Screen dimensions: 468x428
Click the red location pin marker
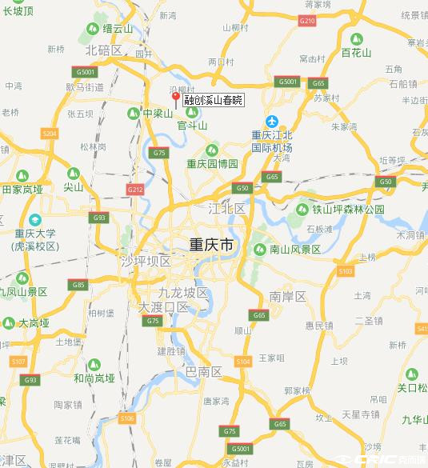[175, 98]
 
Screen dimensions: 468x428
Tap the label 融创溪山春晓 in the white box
[213, 101]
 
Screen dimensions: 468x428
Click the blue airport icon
[271, 121]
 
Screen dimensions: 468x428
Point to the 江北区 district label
[227, 209]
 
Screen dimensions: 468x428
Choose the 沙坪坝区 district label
[145, 262]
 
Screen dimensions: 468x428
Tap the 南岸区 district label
[288, 297]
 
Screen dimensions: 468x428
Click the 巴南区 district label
[203, 372]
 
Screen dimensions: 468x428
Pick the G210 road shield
[306, 21]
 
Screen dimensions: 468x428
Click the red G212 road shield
[134, 189]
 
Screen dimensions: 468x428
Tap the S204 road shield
[49, 133]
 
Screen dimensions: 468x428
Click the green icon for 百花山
[357, 38]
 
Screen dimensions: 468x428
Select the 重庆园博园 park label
[213, 163]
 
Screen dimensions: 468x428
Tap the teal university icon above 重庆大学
[34, 219]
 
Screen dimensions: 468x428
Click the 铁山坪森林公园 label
[348, 210]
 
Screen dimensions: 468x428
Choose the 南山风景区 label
[295, 250]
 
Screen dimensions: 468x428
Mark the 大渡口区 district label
[163, 306]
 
